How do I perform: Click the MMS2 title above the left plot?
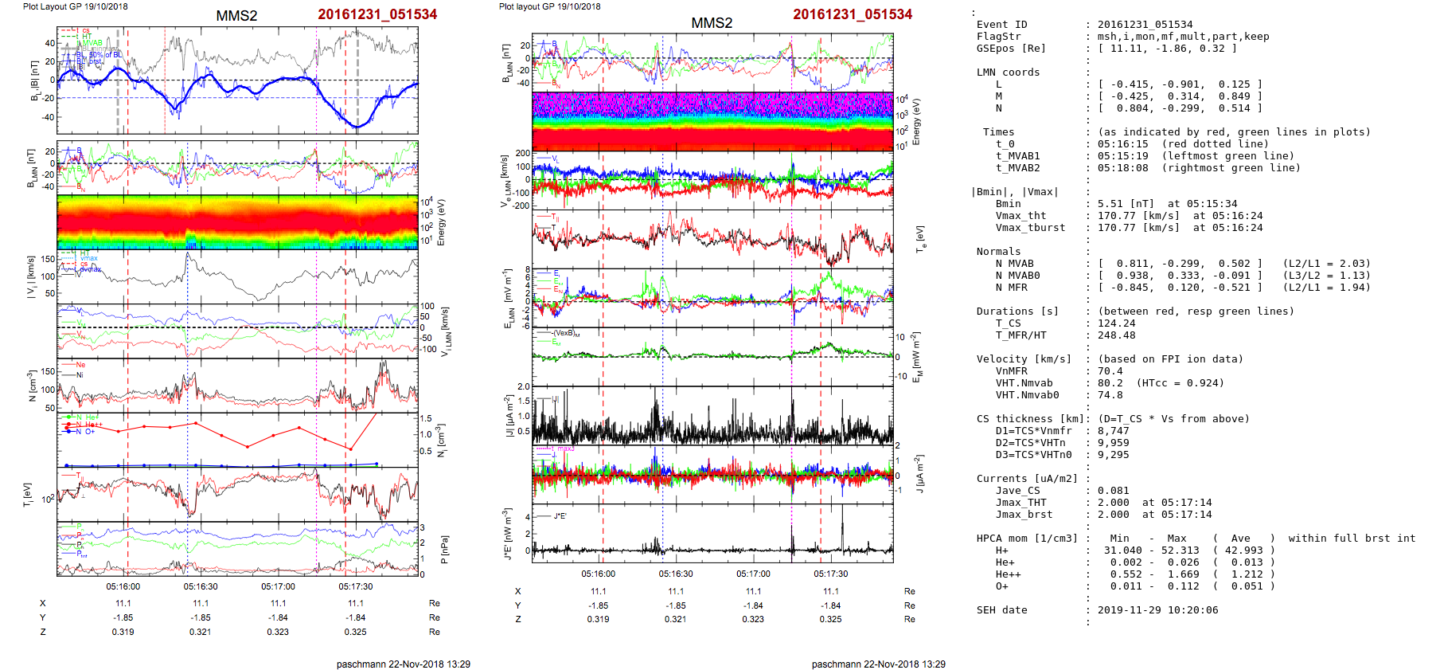click(236, 16)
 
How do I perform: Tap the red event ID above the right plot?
click(853, 14)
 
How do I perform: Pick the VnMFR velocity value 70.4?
click(1110, 371)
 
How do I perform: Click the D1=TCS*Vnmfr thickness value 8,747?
click(1113, 431)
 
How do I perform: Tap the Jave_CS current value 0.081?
click(1113, 491)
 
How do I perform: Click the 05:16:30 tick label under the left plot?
click(201, 586)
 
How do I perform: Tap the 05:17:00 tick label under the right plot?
click(753, 574)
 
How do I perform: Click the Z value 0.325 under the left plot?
click(356, 632)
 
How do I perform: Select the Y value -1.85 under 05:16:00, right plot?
click(598, 605)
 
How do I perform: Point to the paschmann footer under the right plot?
click(878, 664)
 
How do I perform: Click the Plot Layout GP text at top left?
click(75, 6)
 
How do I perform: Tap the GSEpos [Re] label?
click(1010, 49)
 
